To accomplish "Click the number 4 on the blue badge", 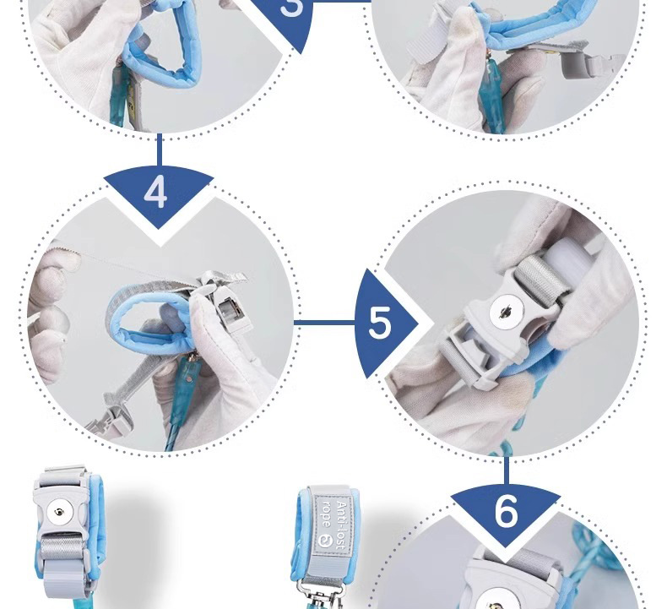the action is (155, 192).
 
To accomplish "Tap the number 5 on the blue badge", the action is (379, 322).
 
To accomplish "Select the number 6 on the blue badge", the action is (507, 511).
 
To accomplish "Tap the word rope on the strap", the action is (327, 514).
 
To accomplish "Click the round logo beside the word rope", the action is (325, 541).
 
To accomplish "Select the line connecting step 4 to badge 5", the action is (325, 322).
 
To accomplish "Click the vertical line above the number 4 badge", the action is (160, 150).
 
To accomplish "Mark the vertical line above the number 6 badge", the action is (507, 470).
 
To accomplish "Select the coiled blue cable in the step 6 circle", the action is (595, 553).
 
